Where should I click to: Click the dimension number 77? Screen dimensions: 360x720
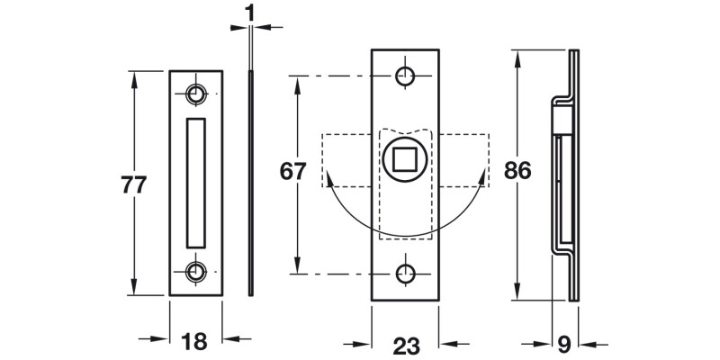[x=133, y=184]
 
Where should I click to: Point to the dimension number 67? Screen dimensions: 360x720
[x=294, y=171]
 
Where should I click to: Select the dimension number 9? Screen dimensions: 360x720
[x=563, y=343]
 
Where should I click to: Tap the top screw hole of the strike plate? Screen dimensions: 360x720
[x=196, y=93]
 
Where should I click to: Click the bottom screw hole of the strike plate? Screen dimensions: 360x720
[x=196, y=273]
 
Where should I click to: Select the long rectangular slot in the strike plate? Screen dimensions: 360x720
[x=196, y=183]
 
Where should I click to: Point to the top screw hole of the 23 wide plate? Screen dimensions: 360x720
[x=407, y=75]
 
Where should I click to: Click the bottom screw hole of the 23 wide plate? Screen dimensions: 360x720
[x=407, y=273]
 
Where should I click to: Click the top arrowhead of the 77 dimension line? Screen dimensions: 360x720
[x=135, y=78]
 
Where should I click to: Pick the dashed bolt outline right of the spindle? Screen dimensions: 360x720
[x=463, y=160]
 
